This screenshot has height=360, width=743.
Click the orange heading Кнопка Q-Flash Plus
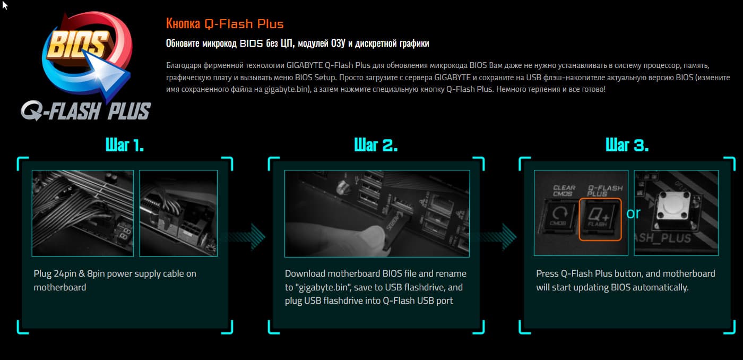[x=224, y=24]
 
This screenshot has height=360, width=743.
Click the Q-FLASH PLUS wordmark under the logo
[x=85, y=111]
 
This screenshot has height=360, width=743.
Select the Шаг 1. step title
[x=125, y=145]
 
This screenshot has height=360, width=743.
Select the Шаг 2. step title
[x=376, y=145]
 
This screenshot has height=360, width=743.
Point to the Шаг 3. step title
[x=627, y=145]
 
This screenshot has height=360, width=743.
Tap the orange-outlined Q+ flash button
[x=600, y=219]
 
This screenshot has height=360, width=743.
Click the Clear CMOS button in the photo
[x=560, y=216]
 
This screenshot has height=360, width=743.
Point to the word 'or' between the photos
[x=633, y=213]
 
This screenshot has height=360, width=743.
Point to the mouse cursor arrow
[x=4, y=5]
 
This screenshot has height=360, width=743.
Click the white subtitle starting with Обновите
[x=297, y=44]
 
